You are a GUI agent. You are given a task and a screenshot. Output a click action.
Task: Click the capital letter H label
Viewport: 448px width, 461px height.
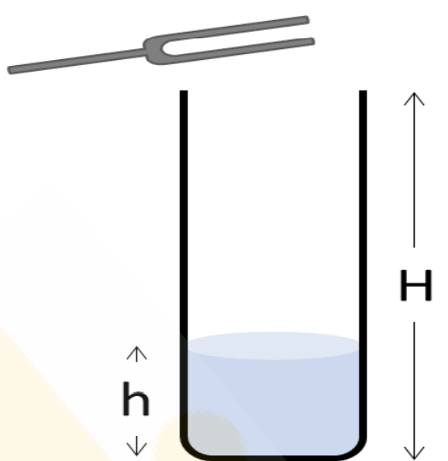point(415,285)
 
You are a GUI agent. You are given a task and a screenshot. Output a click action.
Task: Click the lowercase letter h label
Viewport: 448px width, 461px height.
point(136,398)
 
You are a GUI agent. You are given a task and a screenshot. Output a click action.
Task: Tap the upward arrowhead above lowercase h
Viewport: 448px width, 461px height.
point(137,353)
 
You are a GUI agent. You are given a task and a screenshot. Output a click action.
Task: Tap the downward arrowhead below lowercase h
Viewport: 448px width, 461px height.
point(137,447)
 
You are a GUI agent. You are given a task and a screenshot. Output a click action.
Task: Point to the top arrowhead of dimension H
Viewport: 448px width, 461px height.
point(414,98)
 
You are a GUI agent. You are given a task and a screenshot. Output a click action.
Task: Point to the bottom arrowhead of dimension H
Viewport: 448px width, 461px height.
point(414,453)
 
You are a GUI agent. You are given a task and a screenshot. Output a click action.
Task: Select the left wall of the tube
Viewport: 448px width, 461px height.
point(184,264)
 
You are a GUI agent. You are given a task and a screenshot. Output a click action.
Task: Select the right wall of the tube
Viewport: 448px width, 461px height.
point(363,264)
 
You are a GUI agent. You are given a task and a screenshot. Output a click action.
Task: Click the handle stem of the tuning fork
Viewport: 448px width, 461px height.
point(77,61)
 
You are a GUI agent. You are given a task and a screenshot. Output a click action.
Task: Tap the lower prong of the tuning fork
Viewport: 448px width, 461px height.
point(241,49)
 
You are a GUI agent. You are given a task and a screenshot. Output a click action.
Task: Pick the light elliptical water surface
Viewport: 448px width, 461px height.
point(273,346)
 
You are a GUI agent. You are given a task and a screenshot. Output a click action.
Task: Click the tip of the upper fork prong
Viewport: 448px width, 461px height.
point(307,19)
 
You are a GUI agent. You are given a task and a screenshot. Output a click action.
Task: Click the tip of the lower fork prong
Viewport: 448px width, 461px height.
point(313,42)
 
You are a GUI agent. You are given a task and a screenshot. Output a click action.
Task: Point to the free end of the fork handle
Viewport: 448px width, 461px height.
point(10,70)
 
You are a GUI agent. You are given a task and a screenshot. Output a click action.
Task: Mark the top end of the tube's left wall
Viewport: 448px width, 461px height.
point(184,91)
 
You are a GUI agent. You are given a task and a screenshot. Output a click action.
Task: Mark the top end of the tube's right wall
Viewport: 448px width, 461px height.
point(363,91)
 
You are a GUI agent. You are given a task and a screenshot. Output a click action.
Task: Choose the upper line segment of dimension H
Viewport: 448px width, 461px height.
point(414,171)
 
